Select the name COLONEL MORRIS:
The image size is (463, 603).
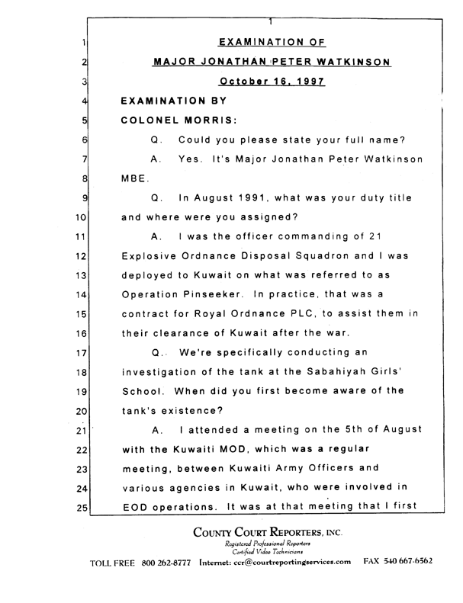172,120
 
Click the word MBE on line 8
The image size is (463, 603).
133,180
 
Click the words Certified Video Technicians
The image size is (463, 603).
270,571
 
